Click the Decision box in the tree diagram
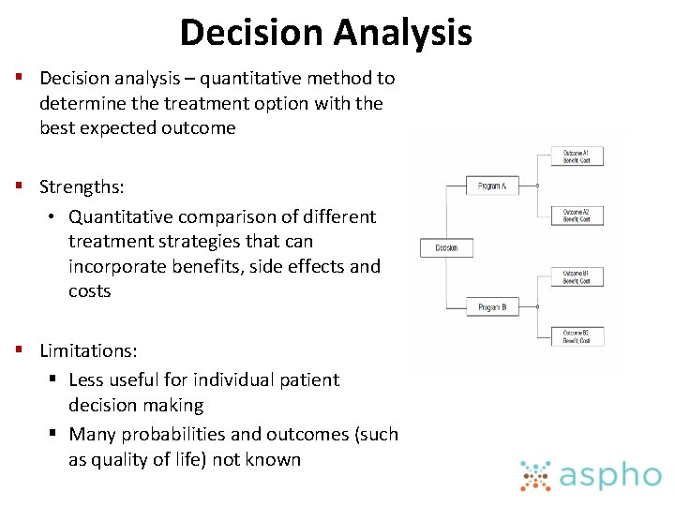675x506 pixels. click(446, 248)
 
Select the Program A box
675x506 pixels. click(492, 186)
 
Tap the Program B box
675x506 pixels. click(492, 307)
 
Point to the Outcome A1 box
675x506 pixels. click(577, 156)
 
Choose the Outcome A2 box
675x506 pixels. click(577, 216)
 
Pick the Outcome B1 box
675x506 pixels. click(577, 277)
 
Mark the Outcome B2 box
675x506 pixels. click(577, 337)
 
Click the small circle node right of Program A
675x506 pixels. click(537, 186)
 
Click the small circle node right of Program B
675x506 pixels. click(537, 307)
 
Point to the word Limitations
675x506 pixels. click(88, 350)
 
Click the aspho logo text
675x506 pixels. click(609, 475)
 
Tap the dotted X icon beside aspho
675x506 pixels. click(536, 475)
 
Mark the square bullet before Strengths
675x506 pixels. click(18, 187)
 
